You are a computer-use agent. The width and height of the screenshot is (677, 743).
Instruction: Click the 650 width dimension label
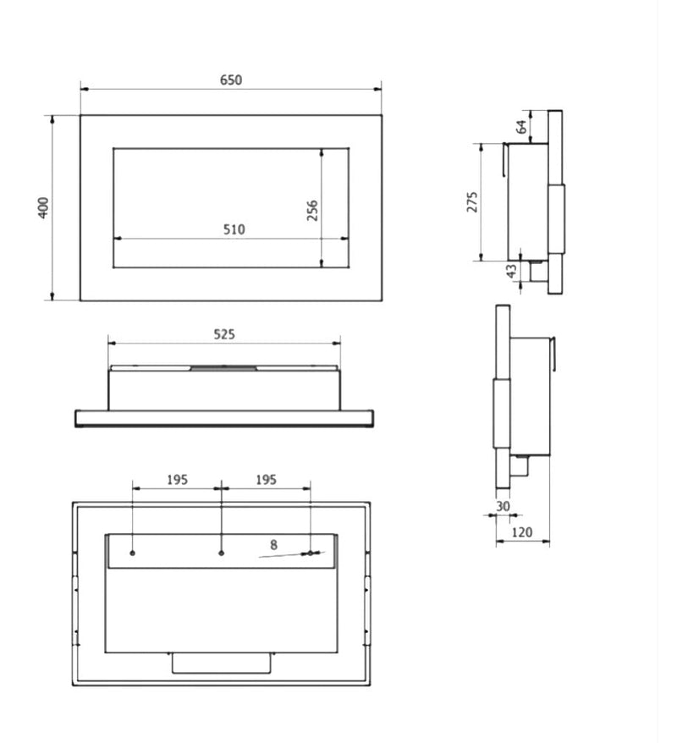pos(231,80)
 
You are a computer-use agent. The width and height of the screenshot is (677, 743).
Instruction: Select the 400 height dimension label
pos(43,207)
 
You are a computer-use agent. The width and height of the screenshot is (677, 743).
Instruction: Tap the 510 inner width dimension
pos(234,229)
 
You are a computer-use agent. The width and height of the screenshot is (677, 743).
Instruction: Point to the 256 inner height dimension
pos(312,211)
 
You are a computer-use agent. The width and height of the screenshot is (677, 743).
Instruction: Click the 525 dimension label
pos(224,334)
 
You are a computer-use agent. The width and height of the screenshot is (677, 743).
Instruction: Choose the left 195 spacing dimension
pos(177,480)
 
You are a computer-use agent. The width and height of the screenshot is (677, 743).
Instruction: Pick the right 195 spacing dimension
pos(266,480)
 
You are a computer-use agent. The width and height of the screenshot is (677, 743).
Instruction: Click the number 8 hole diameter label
pos(273,545)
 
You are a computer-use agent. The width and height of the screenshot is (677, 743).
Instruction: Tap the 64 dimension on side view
pos(521,127)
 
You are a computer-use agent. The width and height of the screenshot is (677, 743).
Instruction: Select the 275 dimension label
pos(472,202)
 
